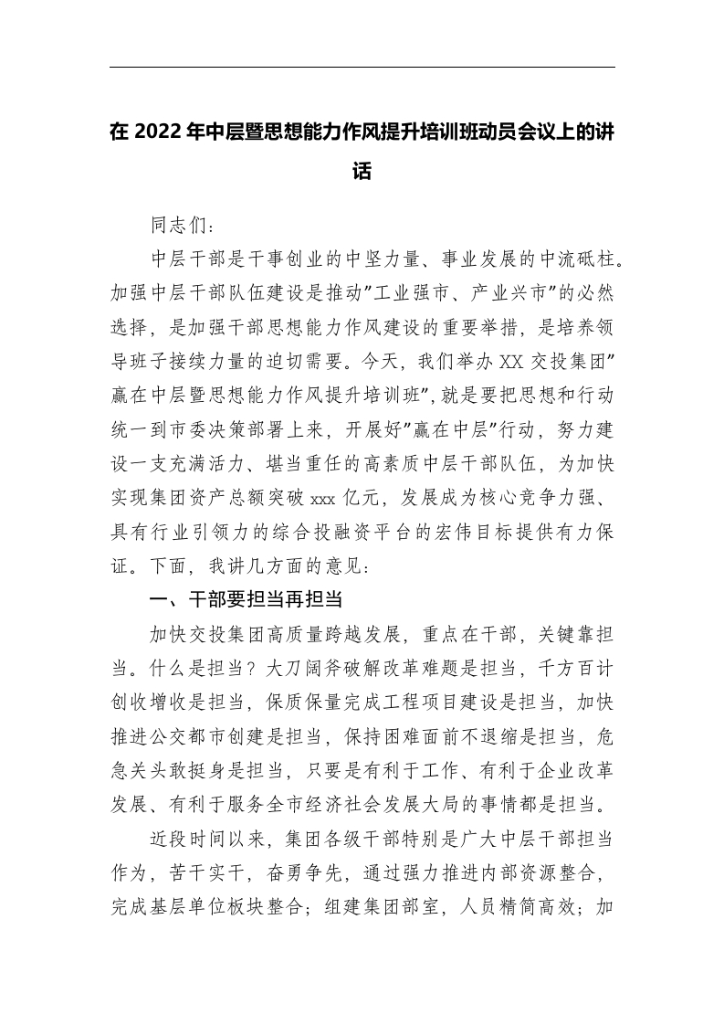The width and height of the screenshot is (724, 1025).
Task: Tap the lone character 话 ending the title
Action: pyautogui.click(x=362, y=171)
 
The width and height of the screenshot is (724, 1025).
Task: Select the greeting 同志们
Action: pyautogui.click(x=181, y=224)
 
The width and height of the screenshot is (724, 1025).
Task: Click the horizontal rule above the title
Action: pyautogui.click(x=362, y=67)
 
